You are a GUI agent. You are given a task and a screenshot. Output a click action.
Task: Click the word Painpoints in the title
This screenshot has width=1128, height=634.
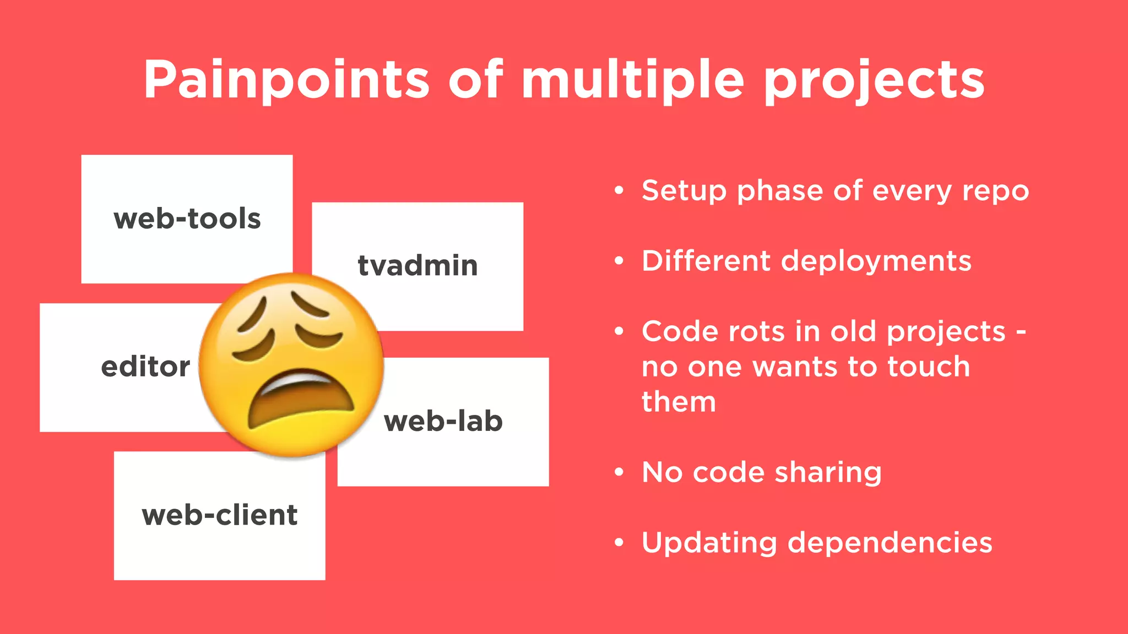(286, 80)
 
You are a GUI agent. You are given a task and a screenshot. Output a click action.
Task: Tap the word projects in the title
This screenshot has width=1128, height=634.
(874, 81)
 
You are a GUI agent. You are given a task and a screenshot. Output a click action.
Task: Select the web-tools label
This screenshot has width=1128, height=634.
(187, 219)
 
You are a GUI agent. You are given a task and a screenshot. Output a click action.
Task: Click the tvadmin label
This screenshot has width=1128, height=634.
(417, 266)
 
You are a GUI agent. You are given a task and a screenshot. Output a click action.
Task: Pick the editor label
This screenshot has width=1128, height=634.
(145, 367)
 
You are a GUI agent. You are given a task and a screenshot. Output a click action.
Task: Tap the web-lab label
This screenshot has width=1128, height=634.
(443, 422)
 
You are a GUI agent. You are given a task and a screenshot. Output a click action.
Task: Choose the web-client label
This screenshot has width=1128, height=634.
(219, 516)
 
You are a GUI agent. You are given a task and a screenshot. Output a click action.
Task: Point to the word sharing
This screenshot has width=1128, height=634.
(828, 473)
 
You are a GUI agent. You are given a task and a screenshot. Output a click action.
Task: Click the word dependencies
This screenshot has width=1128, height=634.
(890, 543)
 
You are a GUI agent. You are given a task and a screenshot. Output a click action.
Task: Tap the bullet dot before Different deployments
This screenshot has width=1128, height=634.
(619, 261)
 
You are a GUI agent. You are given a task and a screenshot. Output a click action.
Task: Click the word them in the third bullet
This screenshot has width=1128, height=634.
(679, 402)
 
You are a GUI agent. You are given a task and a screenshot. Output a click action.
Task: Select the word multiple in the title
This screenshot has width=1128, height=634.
(633, 80)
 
